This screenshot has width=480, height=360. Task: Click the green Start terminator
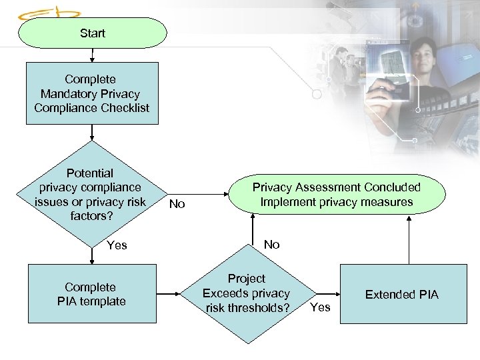pos(92,33)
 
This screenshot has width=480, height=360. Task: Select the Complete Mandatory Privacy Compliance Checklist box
pos(92,93)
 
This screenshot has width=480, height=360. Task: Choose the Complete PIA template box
pos(91,294)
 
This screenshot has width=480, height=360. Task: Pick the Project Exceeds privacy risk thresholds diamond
pos(246,293)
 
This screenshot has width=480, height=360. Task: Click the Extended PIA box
pos(401,294)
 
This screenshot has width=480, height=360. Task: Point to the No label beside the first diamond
pos(177,204)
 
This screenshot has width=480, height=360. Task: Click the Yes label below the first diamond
pos(117,245)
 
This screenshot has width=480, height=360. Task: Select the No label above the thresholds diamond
pos(271,245)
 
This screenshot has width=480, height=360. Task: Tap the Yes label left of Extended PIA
pos(320,307)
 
